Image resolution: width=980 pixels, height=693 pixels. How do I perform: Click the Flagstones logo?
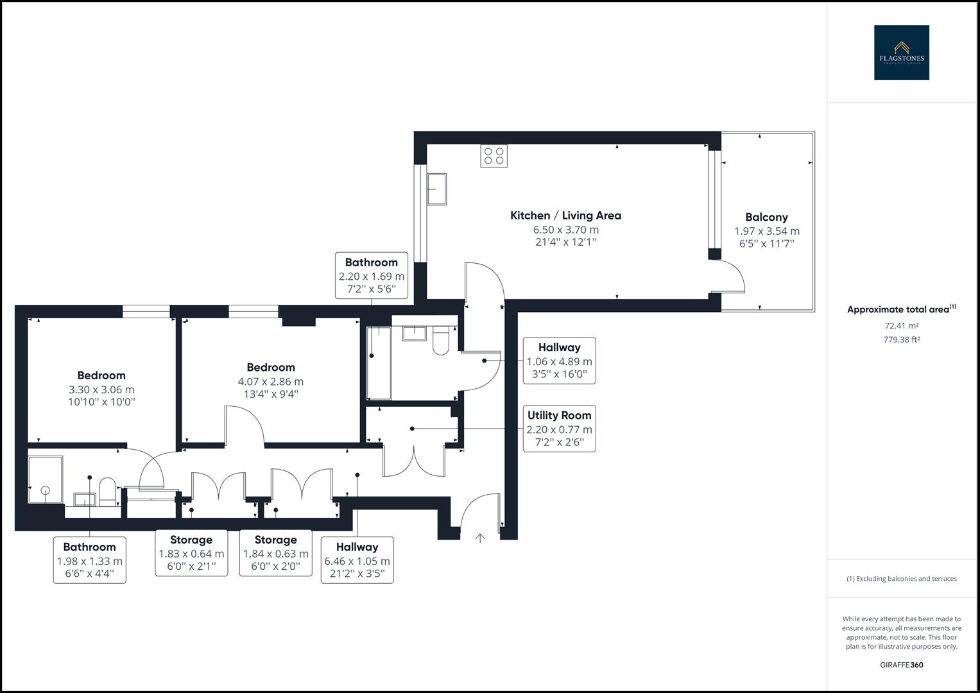901,53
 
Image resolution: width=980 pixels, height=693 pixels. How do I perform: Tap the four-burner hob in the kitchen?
494,156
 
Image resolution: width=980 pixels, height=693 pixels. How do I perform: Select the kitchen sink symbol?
438,189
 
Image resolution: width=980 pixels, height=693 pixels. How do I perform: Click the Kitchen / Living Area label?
565,216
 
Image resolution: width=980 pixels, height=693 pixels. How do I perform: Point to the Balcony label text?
766,218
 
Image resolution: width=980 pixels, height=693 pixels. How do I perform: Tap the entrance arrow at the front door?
479,538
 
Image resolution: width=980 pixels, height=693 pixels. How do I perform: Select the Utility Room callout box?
559,428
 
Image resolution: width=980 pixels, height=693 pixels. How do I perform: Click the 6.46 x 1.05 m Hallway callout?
357,560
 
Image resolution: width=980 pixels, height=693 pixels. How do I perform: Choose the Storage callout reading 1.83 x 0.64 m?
191,552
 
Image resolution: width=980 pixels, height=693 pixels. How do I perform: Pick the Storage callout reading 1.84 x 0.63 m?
275,552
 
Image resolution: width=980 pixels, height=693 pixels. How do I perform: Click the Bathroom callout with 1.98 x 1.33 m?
89,560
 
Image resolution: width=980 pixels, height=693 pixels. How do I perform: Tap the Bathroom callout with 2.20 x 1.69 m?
372,275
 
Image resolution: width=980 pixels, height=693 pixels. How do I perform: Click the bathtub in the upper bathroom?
379,363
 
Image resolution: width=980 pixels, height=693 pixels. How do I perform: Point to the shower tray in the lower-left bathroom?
45,480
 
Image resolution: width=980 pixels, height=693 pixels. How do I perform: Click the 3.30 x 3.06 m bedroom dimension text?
101,389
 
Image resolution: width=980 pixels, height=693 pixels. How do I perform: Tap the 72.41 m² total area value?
901,326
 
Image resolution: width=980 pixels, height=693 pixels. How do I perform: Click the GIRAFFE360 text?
901,665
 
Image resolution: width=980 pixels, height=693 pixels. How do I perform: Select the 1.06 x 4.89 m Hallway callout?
559,361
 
